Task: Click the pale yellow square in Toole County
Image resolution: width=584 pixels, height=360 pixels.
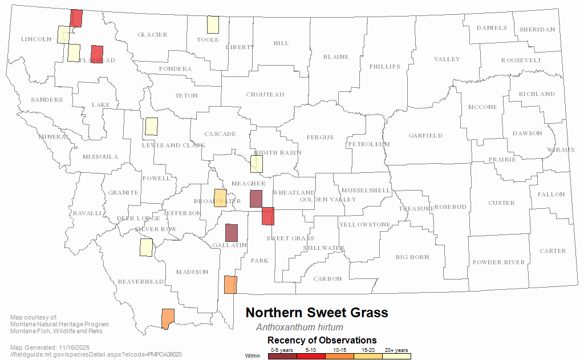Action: click(213, 25)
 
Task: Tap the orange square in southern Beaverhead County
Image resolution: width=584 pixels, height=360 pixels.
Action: click(168, 319)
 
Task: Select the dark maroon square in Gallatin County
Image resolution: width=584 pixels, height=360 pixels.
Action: click(231, 233)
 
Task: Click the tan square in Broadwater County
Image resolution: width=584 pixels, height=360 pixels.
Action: click(220, 198)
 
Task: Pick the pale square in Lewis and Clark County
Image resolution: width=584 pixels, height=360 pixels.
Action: click(151, 127)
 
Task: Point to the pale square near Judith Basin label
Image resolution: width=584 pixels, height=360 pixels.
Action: click(257, 164)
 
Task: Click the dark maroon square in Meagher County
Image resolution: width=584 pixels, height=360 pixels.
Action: click(256, 199)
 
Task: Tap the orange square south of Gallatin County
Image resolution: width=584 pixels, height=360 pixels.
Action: click(230, 285)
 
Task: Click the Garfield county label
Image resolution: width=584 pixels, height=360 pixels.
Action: click(425, 136)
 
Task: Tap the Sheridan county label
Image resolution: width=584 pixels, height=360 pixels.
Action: click(537, 30)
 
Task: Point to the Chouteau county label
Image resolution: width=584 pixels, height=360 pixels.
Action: click(265, 95)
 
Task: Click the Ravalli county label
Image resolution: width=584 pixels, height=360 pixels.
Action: click(86, 213)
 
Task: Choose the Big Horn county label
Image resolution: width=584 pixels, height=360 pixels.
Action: click(412, 257)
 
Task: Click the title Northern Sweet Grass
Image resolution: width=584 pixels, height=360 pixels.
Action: click(317, 313)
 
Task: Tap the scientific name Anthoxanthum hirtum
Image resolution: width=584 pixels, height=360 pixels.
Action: click(299, 327)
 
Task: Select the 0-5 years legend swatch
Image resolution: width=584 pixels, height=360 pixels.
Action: click(282, 356)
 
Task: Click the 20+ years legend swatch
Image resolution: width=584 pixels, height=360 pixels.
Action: click(396, 356)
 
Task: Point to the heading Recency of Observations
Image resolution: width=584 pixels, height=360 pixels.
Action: click(322, 341)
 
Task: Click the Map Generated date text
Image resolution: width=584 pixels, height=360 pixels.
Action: click(50, 347)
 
